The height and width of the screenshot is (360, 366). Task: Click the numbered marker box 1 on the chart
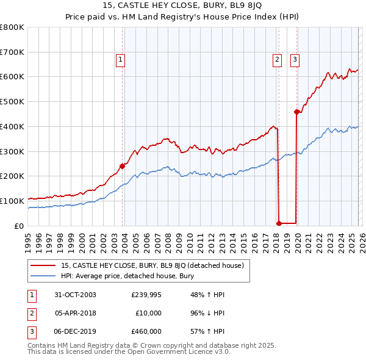point(121,60)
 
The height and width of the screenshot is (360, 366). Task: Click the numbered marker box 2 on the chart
point(277,60)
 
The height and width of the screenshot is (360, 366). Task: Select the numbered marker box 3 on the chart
point(295,60)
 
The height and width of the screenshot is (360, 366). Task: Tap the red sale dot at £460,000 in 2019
point(296,112)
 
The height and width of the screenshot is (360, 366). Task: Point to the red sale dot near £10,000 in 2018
point(279,223)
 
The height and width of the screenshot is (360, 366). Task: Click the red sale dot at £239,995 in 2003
point(123,165)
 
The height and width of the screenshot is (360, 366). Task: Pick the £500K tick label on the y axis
point(12,102)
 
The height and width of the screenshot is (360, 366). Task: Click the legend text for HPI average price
point(126,276)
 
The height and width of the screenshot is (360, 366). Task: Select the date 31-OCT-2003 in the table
point(75,294)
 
